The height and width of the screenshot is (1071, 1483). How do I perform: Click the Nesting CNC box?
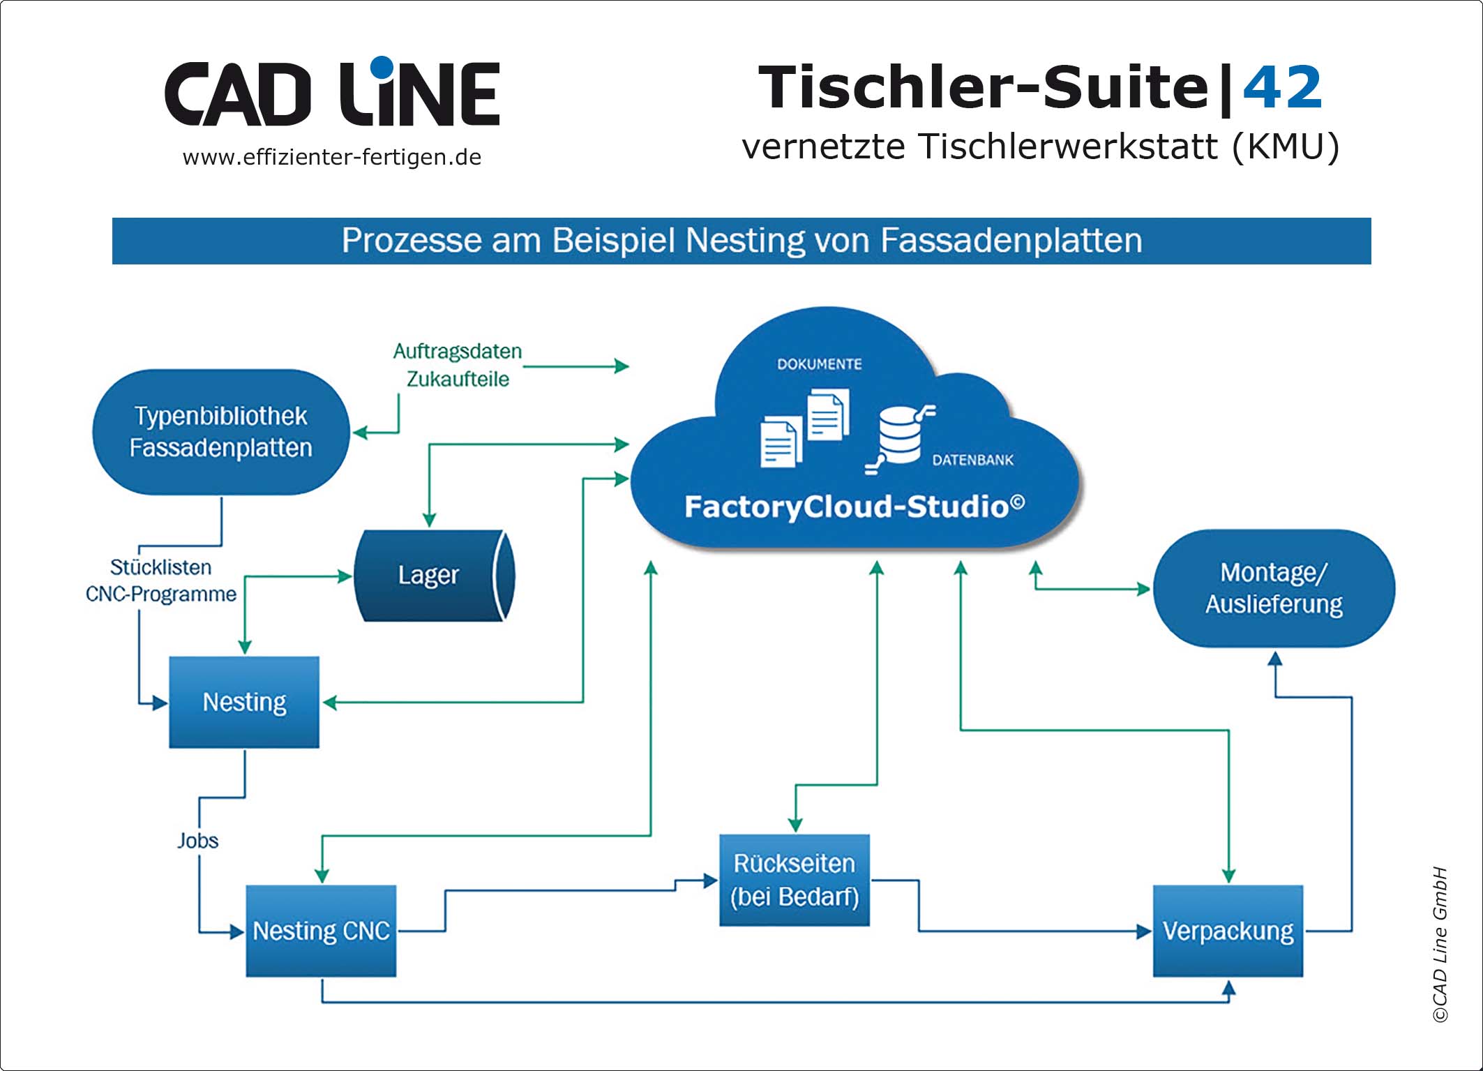(321, 931)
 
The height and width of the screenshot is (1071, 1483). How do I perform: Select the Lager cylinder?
(434, 576)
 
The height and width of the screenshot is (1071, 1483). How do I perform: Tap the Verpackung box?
(1228, 931)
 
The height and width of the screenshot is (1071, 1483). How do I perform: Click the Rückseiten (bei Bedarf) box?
(795, 880)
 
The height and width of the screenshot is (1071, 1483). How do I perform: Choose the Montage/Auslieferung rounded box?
(1274, 588)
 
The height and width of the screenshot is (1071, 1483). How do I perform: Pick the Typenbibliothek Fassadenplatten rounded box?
(220, 432)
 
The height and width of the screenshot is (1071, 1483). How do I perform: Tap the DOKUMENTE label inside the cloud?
(820, 364)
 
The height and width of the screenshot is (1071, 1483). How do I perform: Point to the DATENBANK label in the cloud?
(972, 460)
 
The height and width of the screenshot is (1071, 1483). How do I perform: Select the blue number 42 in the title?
(1282, 89)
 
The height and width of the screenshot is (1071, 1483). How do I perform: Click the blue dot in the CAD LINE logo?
(382, 67)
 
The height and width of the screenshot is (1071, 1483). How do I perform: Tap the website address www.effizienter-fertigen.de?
(332, 158)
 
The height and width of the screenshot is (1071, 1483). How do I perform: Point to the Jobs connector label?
(197, 841)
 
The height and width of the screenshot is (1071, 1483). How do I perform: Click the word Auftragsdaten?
(458, 351)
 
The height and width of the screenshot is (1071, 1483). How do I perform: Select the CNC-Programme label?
(161, 594)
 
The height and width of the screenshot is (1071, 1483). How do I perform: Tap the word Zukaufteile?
(458, 379)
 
